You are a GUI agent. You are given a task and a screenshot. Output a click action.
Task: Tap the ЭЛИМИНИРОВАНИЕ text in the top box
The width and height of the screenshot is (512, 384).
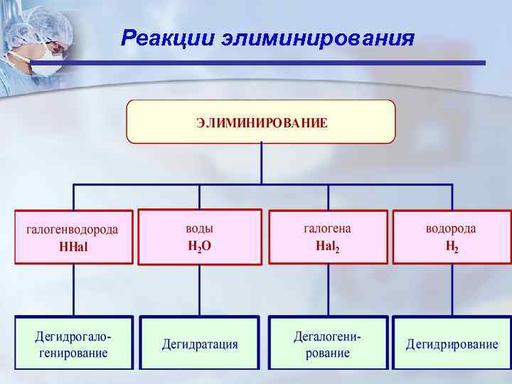pyautogui.click(x=262, y=122)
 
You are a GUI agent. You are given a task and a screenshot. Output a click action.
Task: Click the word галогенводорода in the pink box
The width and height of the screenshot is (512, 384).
pyautogui.click(x=73, y=230)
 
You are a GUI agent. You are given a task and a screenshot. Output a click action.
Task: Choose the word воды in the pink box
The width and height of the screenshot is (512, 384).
pyautogui.click(x=200, y=228)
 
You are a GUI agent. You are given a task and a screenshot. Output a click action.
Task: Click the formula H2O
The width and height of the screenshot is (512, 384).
pyautogui.click(x=200, y=246)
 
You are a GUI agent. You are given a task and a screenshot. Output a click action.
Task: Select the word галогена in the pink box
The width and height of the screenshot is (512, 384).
pyautogui.click(x=327, y=228)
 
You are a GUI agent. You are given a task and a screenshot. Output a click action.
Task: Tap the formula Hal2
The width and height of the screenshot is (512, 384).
pyautogui.click(x=327, y=246)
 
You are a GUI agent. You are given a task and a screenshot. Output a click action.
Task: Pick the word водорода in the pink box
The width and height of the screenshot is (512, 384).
pyautogui.click(x=451, y=228)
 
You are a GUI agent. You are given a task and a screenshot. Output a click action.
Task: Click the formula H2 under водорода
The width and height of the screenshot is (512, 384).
pyautogui.click(x=451, y=247)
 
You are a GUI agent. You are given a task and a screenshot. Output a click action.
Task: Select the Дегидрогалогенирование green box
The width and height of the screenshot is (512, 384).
pyautogui.click(x=74, y=343)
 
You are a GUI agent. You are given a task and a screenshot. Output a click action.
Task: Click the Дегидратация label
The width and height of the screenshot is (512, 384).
pyautogui.click(x=200, y=344)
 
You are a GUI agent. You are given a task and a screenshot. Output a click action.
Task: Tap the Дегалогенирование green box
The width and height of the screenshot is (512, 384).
pyautogui.click(x=328, y=343)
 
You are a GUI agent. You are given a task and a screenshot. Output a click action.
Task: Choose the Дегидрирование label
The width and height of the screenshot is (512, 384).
pyautogui.click(x=452, y=344)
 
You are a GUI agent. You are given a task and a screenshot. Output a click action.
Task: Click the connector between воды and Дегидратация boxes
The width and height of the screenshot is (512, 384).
pyautogui.click(x=200, y=290)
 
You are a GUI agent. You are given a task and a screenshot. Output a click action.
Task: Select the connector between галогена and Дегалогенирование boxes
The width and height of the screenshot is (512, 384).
pyautogui.click(x=328, y=290)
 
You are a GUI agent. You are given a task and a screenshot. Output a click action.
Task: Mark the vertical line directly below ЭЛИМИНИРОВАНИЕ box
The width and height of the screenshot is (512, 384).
pyautogui.click(x=262, y=164)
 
